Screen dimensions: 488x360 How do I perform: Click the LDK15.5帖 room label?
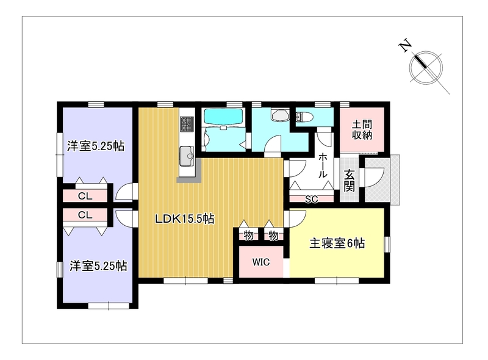[185, 219]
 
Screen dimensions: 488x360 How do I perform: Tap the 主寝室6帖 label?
[337, 243]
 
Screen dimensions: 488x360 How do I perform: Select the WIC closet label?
[261, 262]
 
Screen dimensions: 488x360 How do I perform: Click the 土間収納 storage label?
[362, 130]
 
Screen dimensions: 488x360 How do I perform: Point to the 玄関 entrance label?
[349, 181]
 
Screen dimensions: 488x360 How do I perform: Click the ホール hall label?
[323, 165]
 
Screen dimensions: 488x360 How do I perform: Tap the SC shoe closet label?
[311, 200]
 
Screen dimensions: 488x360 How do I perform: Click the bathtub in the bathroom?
[223, 117]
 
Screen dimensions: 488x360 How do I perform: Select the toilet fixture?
[303, 117]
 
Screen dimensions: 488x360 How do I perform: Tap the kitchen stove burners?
[187, 124]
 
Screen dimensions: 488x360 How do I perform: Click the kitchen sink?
[187, 154]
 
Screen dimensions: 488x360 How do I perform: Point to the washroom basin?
[280, 115]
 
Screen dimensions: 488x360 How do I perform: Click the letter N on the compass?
[405, 46]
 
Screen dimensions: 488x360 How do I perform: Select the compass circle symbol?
[426, 68]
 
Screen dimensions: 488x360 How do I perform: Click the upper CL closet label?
[85, 196]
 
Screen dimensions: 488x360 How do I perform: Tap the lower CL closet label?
[85, 215]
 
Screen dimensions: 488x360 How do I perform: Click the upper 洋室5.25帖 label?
[96, 146]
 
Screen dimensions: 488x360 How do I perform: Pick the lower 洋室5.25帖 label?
[98, 266]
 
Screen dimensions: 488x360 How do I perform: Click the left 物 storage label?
[248, 235]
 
